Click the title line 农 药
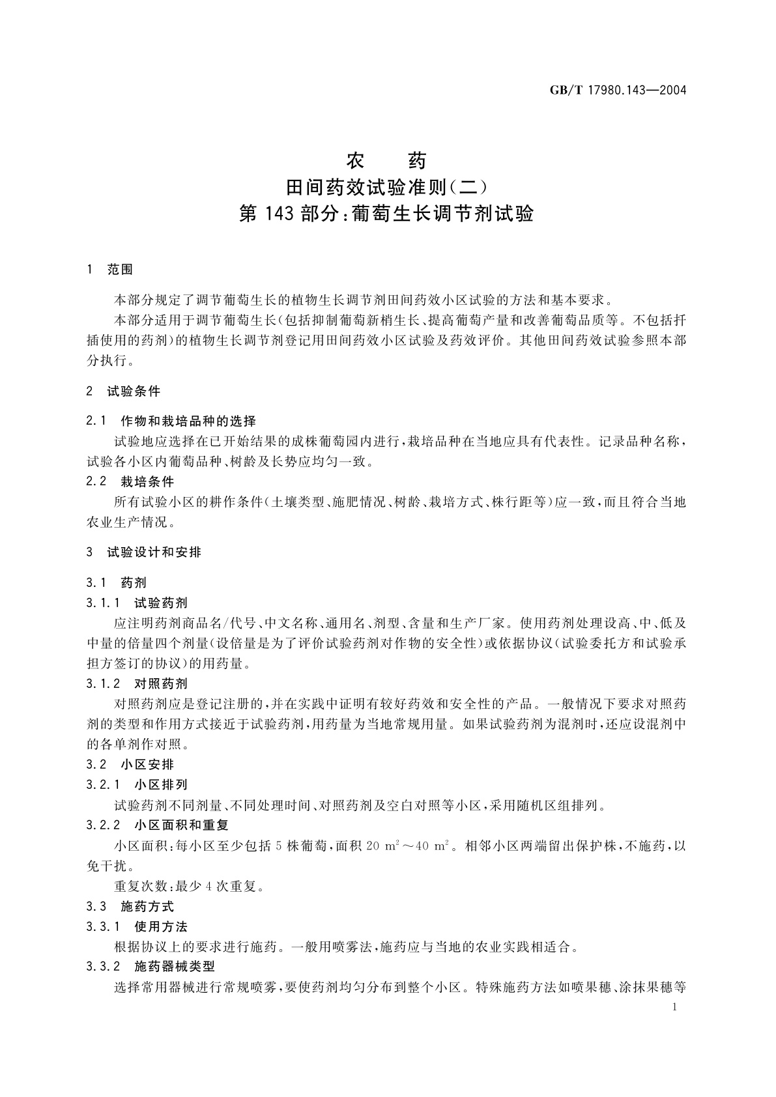[x=386, y=160]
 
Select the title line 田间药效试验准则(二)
[x=386, y=188]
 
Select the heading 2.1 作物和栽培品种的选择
[x=171, y=421]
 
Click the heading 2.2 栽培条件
[x=130, y=482]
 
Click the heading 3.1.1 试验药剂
[x=136, y=603]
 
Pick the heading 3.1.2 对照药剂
[x=136, y=683]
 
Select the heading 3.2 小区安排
[x=130, y=765]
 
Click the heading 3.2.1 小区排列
[x=136, y=785]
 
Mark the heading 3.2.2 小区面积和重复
[x=157, y=825]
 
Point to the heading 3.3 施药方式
[x=130, y=906]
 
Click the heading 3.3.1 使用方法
[x=136, y=926]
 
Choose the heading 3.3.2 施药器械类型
[x=150, y=967]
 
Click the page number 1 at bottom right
[x=675, y=1008]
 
